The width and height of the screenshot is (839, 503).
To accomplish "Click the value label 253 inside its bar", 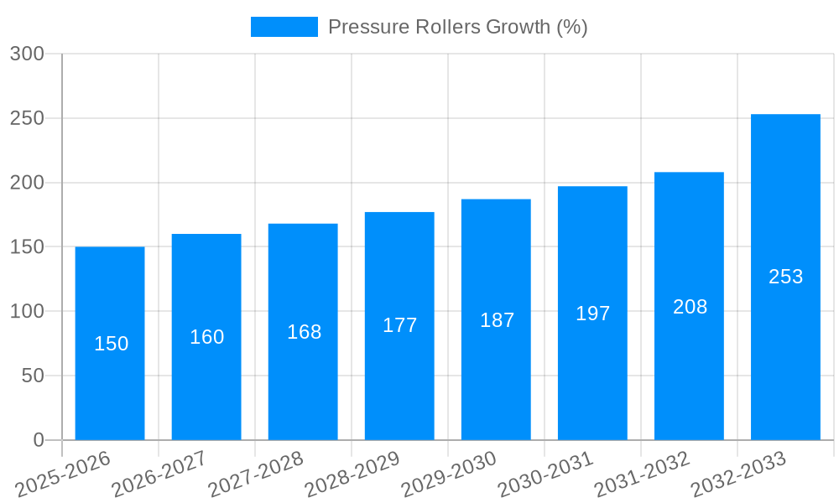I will pos(786,277).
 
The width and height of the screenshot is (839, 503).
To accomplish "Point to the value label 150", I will pos(111,344).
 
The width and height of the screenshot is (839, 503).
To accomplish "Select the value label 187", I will pos(497,320).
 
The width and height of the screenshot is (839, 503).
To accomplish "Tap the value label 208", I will pos(690,307).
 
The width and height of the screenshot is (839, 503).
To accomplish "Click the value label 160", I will pos(206,337).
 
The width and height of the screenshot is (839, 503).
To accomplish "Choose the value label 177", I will pos(399,325).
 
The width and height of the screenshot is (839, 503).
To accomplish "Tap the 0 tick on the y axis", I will pos(39,440).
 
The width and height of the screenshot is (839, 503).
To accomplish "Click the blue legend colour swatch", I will pos(284,27).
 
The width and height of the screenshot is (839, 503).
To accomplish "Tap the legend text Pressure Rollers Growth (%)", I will pos(457,27).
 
